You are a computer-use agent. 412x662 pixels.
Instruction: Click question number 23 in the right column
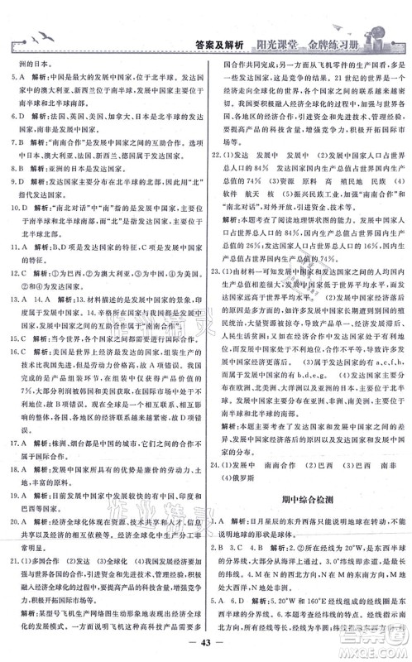click(x=217, y=292)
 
